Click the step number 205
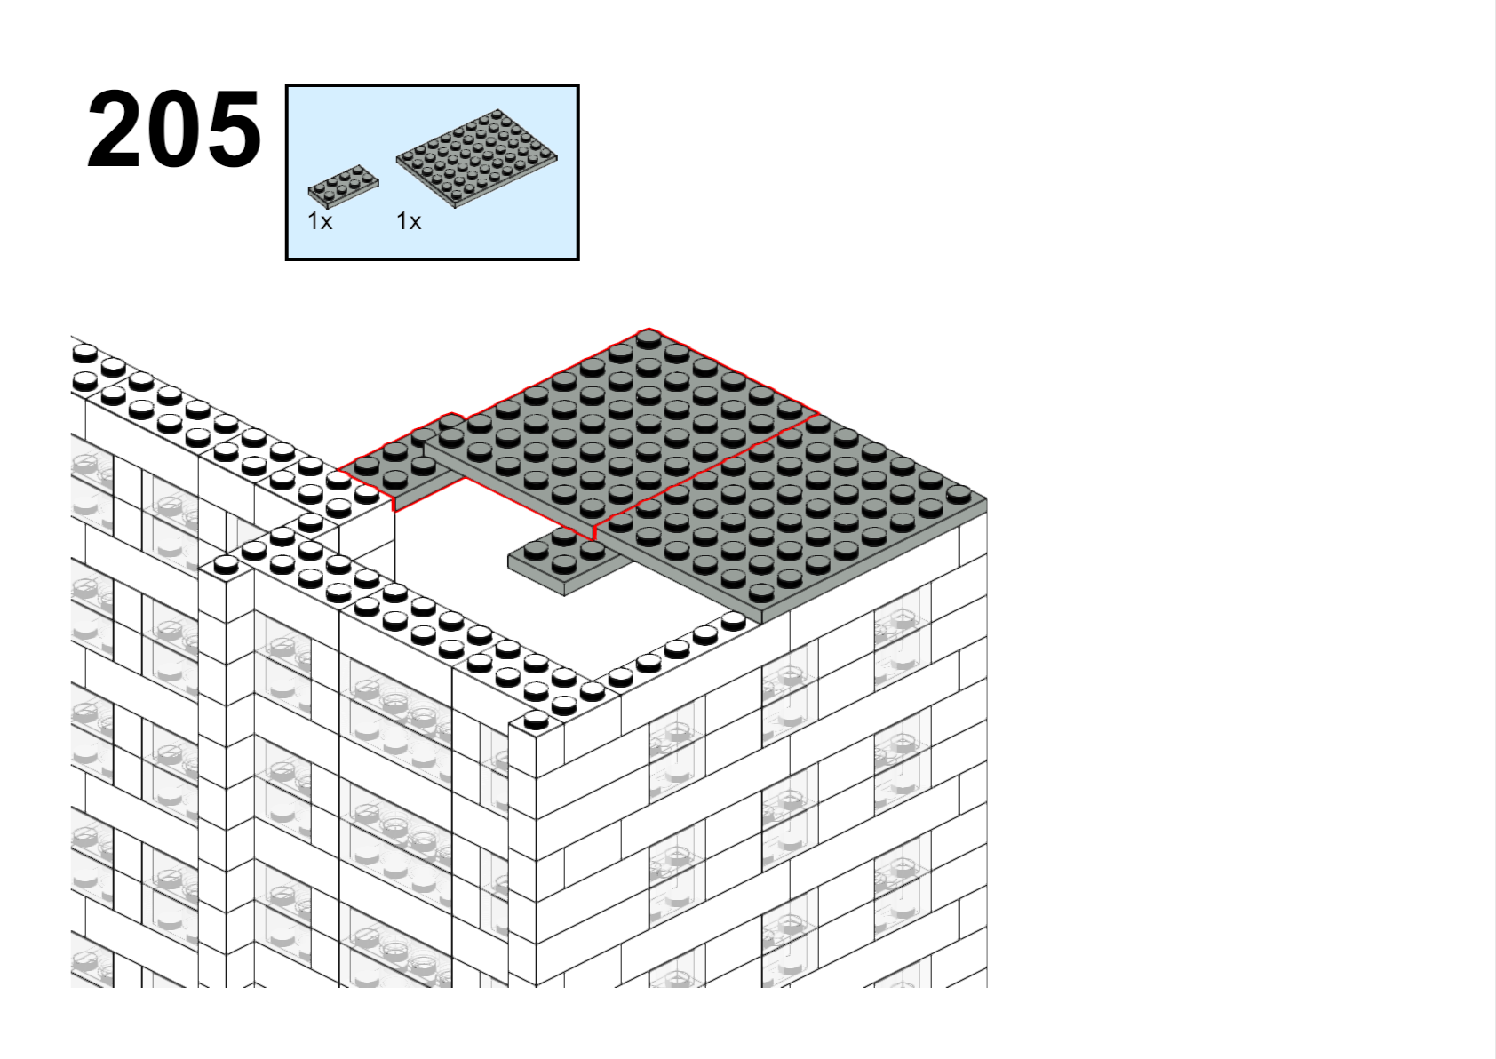173,130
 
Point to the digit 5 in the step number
233,130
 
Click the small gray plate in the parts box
343,187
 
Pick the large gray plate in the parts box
476,158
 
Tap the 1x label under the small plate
320,221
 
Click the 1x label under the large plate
409,221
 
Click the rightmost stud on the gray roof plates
959,495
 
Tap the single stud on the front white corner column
536,720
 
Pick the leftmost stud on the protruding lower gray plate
537,550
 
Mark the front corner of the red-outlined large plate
593,539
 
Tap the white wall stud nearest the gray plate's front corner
734,622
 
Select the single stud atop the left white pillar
226,566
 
